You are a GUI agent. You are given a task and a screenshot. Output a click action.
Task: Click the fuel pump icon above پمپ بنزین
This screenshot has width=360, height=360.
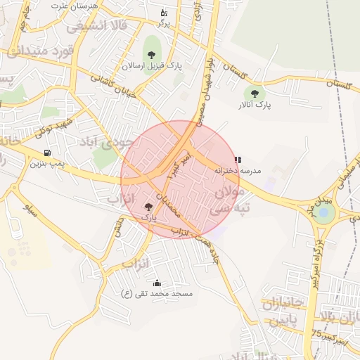[47, 153]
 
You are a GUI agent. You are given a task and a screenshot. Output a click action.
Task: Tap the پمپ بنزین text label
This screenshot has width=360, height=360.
[46, 163]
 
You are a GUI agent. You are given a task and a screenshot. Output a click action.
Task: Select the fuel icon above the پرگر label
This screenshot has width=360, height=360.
[163, 13]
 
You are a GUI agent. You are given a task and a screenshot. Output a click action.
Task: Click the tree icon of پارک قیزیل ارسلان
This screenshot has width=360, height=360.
[151, 54]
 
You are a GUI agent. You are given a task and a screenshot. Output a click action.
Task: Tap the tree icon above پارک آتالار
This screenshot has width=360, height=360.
[255, 93]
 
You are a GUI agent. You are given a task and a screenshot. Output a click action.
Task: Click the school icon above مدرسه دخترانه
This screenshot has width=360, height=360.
[238, 160]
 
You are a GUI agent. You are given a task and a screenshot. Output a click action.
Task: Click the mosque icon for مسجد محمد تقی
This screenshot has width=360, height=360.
[157, 283]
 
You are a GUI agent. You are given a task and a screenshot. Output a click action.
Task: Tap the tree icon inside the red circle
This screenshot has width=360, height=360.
[148, 207]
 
